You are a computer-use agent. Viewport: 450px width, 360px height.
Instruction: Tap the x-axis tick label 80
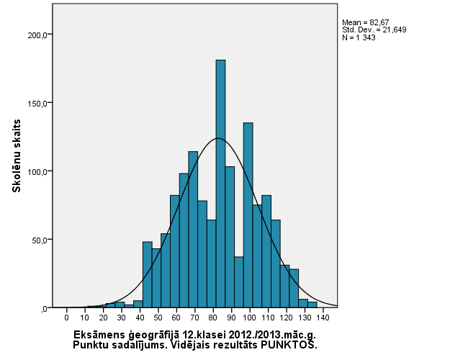pyautogui.click(x=213, y=318)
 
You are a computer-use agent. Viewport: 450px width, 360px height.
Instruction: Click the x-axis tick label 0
pyautogui.click(x=66, y=318)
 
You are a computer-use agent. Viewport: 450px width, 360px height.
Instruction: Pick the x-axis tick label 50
pyautogui.click(x=158, y=318)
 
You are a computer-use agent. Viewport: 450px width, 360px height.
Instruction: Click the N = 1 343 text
pyautogui.click(x=359, y=37)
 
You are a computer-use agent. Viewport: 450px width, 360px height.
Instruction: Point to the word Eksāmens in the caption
pyautogui.click(x=98, y=335)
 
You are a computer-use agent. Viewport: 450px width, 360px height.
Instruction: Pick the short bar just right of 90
pyautogui.click(x=239, y=282)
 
